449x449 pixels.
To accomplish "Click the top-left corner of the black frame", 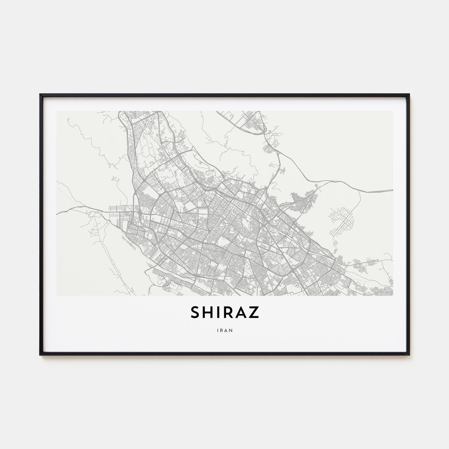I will pos(40,94).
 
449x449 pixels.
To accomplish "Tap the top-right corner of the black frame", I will pos(409,94).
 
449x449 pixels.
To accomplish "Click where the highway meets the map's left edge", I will pos(57,213).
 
